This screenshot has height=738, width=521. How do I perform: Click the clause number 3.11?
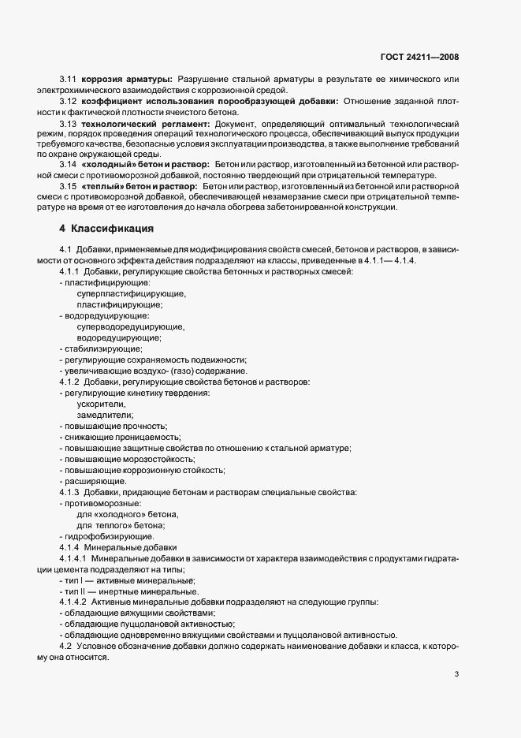(x=69, y=80)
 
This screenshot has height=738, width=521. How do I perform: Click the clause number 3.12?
(x=69, y=102)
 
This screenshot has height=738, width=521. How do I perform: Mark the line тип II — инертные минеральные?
(x=128, y=591)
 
